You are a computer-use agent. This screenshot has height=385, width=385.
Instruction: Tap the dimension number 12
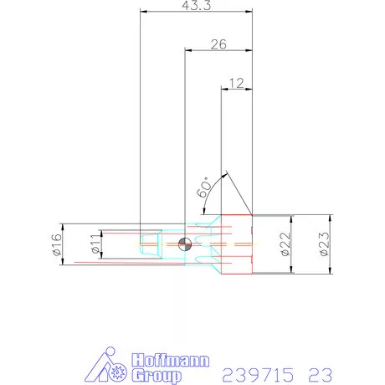(236, 83)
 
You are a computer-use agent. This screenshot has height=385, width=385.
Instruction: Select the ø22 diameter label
(284, 244)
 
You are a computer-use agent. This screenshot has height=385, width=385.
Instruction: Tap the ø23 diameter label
(323, 244)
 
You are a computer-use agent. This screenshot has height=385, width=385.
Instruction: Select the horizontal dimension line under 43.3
(196, 13)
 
